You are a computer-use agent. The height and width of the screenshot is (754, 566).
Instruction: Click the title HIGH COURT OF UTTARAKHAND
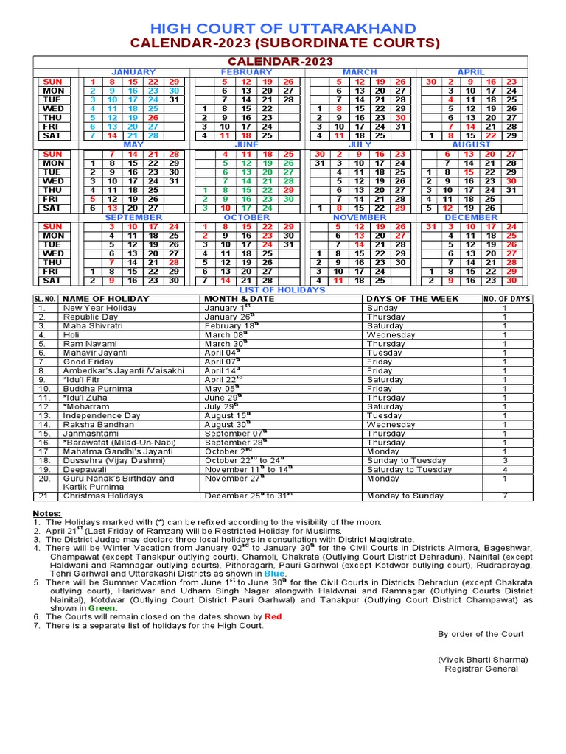[283, 28]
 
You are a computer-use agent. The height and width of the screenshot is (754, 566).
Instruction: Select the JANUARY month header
[133, 72]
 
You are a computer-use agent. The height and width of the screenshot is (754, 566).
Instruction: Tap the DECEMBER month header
[471, 218]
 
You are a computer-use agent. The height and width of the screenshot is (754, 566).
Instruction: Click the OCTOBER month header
[247, 218]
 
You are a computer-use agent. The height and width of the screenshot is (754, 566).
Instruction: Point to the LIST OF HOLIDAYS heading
[283, 290]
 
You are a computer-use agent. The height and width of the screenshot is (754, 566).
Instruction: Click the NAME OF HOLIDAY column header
[106, 299]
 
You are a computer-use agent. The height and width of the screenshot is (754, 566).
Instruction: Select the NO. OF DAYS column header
[507, 299]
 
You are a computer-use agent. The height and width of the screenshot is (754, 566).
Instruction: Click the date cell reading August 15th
[228, 415]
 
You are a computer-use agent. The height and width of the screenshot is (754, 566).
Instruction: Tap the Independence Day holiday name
[102, 415]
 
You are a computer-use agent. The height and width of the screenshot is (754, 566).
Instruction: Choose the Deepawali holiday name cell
[87, 469]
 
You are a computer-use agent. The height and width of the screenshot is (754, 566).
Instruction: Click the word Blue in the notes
[274, 572]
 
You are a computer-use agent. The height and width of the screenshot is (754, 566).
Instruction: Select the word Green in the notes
[102, 608]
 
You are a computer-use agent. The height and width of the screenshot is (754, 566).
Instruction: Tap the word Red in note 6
[273, 616]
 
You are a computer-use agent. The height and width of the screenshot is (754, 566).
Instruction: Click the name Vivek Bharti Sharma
[483, 659]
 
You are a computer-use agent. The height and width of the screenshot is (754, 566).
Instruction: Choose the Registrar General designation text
[481, 669]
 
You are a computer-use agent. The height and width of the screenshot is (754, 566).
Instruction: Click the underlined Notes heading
[46, 512]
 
